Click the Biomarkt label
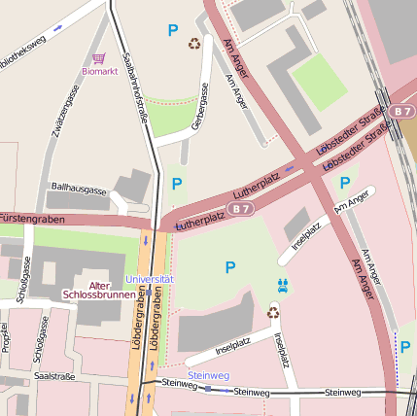click(100, 71)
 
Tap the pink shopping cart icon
click(99, 58)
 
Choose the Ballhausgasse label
click(78, 191)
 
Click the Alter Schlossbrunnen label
click(99, 290)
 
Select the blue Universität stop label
click(150, 279)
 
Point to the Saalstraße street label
click(53, 374)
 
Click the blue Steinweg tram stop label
click(208, 374)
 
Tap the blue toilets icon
click(283, 286)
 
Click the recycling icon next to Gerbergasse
click(194, 43)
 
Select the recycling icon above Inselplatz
click(273, 313)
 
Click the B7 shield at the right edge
click(403, 113)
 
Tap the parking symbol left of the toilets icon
click(230, 266)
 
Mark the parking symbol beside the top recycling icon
click(173, 31)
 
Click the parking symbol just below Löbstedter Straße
click(344, 183)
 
